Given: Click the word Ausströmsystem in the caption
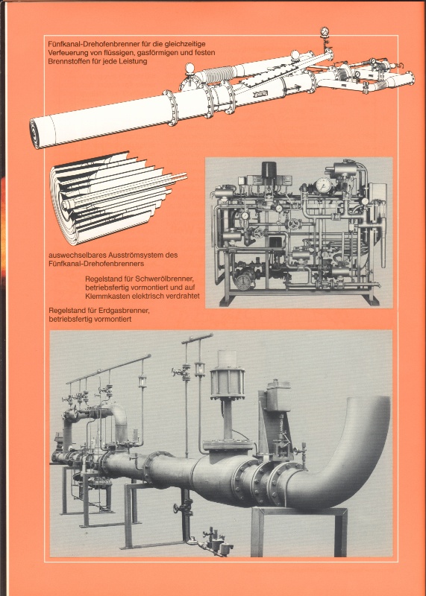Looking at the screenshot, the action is pyautogui.click(x=131, y=255).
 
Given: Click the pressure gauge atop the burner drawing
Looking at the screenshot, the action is pyautogui.click(x=325, y=32).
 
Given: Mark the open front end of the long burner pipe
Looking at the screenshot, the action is pyautogui.click(x=34, y=133).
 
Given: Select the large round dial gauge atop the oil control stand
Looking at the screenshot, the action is pyautogui.click(x=324, y=185).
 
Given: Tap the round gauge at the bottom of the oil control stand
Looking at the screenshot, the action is pyautogui.click(x=243, y=282).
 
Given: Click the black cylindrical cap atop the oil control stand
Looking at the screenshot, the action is pyautogui.click(x=269, y=170).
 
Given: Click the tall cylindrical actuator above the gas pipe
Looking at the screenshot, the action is pyautogui.click(x=228, y=378).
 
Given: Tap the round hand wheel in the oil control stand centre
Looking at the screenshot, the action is pyautogui.click(x=293, y=224).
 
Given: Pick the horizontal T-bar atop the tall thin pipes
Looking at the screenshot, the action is pyautogui.click(x=197, y=338).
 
